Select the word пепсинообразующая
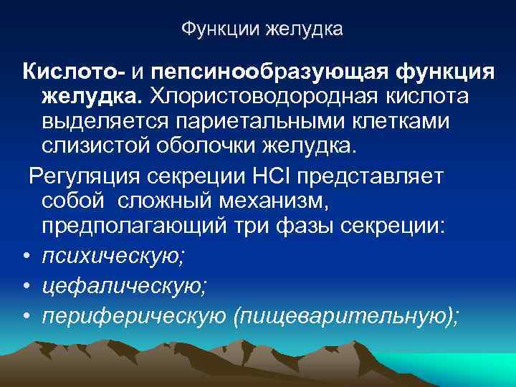[x=276, y=72]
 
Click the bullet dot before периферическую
[x=25, y=316]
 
